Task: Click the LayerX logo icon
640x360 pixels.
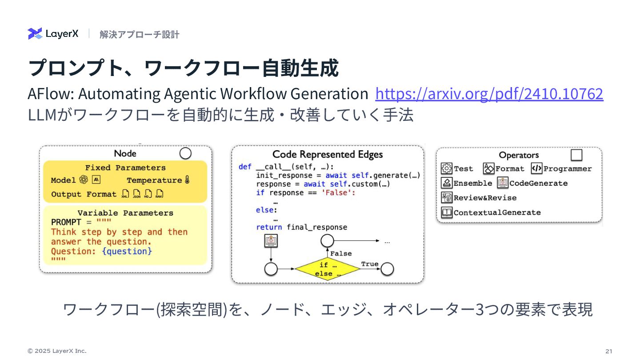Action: pyautogui.click(x=35, y=34)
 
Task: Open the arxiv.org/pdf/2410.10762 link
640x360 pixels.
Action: pyautogui.click(x=489, y=94)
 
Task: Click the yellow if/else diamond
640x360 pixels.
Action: pyautogui.click(x=328, y=269)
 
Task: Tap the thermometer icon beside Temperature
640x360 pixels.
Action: pyautogui.click(x=187, y=180)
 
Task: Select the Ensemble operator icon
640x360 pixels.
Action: pyautogui.click(x=447, y=183)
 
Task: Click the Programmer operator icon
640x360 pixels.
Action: pyautogui.click(x=536, y=168)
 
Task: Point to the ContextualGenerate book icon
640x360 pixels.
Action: pyautogui.click(x=447, y=212)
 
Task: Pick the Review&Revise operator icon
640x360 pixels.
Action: pyautogui.click(x=447, y=198)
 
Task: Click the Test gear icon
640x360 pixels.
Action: pyautogui.click(x=447, y=168)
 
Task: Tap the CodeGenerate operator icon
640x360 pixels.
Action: pyautogui.click(x=503, y=183)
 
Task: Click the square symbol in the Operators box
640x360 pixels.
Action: pyautogui.click(x=576, y=155)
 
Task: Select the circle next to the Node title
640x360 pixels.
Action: pyautogui.click(x=185, y=153)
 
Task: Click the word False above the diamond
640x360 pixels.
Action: pyautogui.click(x=341, y=253)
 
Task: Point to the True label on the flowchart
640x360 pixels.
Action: pyautogui.click(x=370, y=264)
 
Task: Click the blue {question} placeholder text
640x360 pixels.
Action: pyautogui.click(x=127, y=251)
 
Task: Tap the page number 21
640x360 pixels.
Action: pyautogui.click(x=608, y=351)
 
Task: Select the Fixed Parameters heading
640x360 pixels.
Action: pyautogui.click(x=125, y=168)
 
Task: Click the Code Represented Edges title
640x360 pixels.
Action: pyautogui.click(x=328, y=155)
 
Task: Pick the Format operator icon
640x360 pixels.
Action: pyautogui.click(x=489, y=168)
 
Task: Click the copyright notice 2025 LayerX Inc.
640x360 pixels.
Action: pyautogui.click(x=57, y=351)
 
